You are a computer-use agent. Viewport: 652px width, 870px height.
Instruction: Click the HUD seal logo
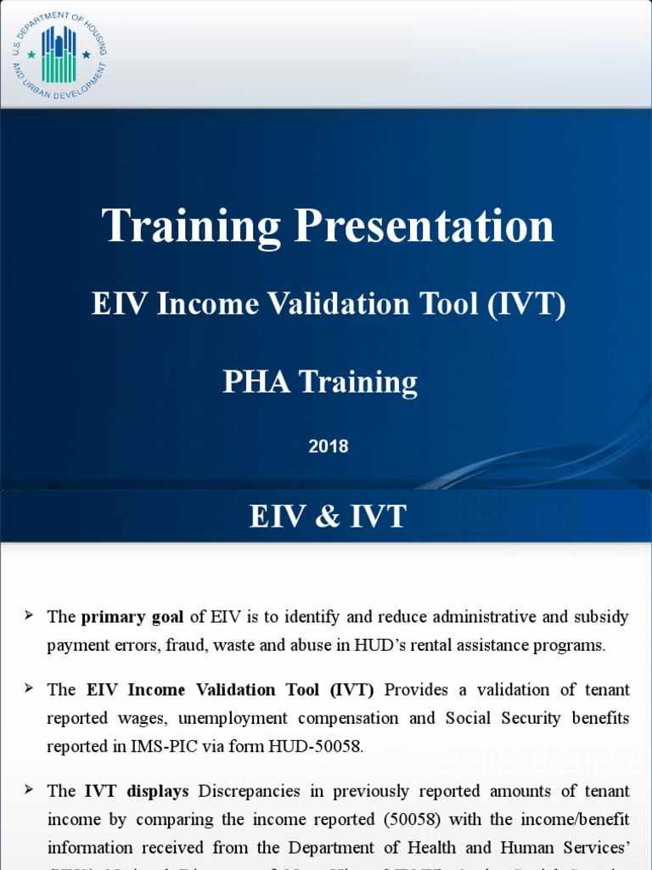click(x=59, y=54)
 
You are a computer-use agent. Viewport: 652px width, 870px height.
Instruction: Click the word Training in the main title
click(x=191, y=227)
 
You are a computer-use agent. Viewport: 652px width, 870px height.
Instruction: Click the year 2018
click(x=329, y=446)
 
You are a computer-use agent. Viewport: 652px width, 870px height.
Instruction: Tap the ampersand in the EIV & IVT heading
click(x=328, y=517)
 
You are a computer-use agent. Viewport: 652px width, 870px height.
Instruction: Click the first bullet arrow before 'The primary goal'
click(x=30, y=614)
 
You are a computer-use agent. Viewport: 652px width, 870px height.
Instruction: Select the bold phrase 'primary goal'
click(x=132, y=616)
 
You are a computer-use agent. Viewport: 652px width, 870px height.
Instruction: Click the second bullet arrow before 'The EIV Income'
click(x=30, y=688)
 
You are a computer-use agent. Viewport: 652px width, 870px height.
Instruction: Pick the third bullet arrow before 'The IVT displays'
click(x=30, y=790)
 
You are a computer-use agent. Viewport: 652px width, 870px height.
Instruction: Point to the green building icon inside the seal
click(x=59, y=53)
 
